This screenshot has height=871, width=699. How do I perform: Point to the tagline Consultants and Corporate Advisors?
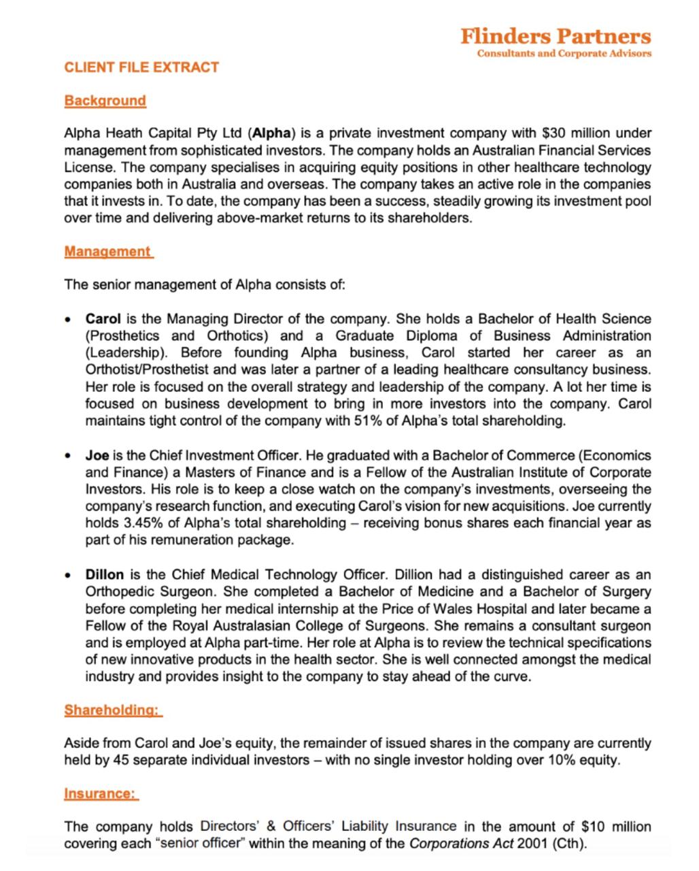click(x=564, y=53)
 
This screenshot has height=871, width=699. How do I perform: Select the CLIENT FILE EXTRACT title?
click(x=141, y=67)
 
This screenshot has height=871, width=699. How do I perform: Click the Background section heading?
click(x=105, y=101)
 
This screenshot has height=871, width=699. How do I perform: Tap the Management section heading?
click(x=107, y=252)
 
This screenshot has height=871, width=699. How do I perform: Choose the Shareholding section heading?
click(x=112, y=710)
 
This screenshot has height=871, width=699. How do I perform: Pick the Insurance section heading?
click(x=101, y=793)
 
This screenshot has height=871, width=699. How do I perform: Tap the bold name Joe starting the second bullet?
click(x=97, y=455)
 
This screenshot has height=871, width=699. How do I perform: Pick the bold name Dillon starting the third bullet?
click(x=104, y=574)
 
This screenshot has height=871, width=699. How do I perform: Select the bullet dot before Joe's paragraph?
click(x=68, y=456)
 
